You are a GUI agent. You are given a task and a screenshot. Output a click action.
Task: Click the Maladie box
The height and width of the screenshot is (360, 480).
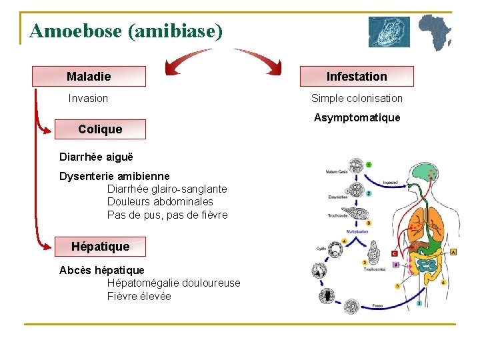89,77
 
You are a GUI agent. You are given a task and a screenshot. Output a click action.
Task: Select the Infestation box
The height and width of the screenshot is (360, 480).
357,77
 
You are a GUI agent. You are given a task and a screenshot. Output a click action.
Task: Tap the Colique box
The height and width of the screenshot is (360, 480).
100,129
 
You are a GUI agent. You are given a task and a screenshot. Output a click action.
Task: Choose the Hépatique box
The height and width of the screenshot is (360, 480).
101,247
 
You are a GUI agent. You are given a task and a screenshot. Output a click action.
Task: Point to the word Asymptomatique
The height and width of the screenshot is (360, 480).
357,118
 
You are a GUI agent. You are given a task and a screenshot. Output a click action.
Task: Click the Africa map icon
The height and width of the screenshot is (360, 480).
435,32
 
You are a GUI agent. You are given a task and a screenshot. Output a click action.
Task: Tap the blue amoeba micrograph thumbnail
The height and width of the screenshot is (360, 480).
389,32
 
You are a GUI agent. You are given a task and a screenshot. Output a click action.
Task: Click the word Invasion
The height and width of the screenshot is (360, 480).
88,99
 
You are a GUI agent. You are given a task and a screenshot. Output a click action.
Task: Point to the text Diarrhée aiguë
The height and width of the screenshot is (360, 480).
96,157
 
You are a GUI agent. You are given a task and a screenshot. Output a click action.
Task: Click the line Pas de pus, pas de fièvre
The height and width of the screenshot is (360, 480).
167,215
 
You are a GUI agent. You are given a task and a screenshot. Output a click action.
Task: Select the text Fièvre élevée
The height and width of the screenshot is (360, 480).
139,296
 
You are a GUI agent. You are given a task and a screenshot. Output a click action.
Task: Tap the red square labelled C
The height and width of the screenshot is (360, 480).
395,253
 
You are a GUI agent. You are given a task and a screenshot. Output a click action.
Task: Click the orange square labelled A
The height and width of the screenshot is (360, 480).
453,252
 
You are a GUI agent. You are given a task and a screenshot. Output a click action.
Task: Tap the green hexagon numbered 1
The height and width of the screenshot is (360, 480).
369,165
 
